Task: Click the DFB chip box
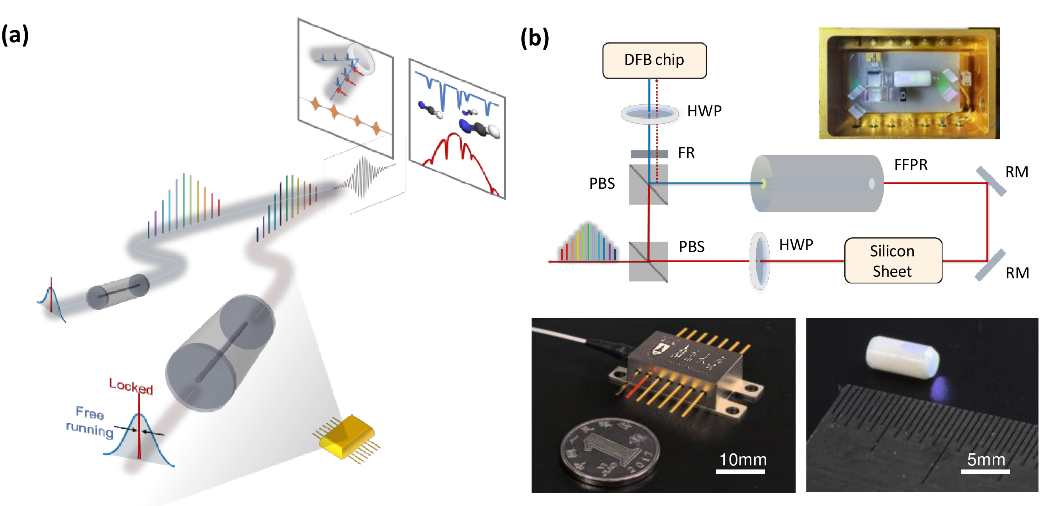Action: click(654, 60)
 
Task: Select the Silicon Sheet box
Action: click(893, 261)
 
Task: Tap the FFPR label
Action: click(911, 164)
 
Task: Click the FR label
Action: click(686, 153)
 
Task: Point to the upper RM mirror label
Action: click(1016, 172)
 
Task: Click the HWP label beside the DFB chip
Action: click(704, 111)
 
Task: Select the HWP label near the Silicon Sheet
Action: click(796, 245)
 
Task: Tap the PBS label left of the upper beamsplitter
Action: click(602, 184)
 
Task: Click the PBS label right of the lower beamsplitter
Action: click(691, 247)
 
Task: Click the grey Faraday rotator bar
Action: click(649, 154)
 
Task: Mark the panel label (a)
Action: click(15, 35)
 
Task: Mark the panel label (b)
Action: click(534, 38)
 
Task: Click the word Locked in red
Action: click(131, 387)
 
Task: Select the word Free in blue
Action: click(90, 412)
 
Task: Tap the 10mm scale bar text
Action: click(743, 459)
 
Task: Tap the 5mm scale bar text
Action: click(986, 459)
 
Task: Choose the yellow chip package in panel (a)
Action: click(347, 436)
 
